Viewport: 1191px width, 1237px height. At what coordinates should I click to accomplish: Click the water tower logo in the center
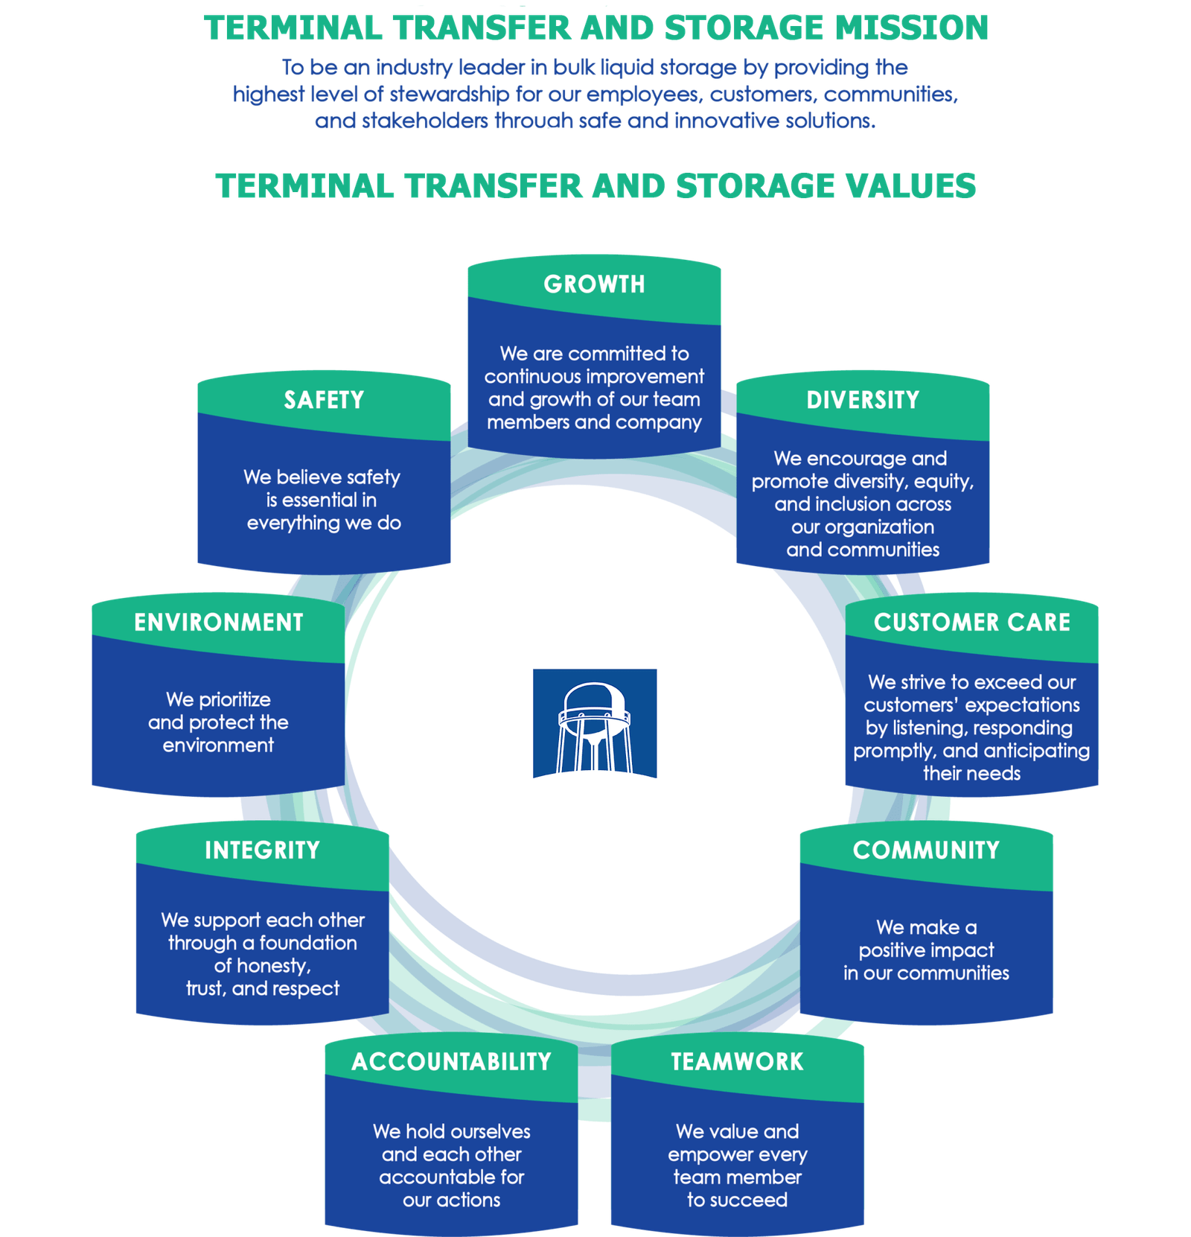595,723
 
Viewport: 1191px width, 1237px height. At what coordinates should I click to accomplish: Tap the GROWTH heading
594,284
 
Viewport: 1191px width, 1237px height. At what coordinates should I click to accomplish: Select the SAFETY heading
324,401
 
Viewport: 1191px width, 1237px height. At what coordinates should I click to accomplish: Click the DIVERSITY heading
863,401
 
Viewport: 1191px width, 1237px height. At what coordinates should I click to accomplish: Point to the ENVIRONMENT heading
219,623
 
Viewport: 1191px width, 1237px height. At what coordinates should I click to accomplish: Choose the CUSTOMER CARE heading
971,623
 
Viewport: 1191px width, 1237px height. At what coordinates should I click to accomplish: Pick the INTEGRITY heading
262,850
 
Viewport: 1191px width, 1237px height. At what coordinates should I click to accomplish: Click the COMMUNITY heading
926,850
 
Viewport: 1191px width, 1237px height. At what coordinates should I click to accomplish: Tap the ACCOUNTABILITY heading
451,1062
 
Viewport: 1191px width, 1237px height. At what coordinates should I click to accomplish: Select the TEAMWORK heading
737,1062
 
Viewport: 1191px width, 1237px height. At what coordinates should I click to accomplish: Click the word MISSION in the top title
912,28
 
